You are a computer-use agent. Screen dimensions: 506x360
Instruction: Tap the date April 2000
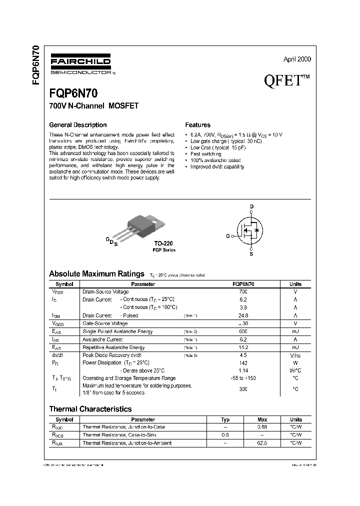297,59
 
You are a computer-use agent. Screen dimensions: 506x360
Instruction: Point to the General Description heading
77,125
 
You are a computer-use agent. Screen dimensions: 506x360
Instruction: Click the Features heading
197,125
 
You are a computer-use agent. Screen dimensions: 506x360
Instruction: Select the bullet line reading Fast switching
206,154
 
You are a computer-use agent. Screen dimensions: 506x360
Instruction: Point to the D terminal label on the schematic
251,206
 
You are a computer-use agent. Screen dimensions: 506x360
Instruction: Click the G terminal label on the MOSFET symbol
228,235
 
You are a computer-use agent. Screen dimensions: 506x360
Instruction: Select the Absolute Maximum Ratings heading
96,273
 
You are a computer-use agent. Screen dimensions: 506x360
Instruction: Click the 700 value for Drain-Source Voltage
243,291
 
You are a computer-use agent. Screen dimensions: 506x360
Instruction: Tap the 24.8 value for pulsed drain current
243,315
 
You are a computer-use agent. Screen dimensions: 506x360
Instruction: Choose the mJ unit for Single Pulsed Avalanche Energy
295,331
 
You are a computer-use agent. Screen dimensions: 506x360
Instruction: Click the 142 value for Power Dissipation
243,363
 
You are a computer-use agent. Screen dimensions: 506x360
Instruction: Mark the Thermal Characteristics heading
90,409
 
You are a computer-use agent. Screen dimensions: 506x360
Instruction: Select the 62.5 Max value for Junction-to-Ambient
262,443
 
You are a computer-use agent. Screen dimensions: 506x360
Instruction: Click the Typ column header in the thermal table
225,419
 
